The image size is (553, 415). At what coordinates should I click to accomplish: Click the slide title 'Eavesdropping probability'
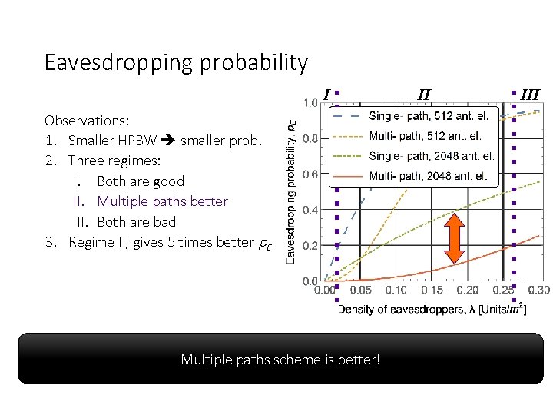[x=176, y=62]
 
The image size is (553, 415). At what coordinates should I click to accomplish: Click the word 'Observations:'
[x=87, y=121]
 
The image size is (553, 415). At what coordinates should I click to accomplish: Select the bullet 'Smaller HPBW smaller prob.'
[x=164, y=141]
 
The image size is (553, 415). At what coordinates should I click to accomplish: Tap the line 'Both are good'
[x=141, y=181]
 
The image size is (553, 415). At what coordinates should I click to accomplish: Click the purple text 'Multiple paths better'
[x=162, y=201]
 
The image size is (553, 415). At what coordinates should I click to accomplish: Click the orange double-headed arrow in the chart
[x=454, y=240]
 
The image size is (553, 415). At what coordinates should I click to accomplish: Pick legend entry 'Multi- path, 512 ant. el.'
[x=426, y=136]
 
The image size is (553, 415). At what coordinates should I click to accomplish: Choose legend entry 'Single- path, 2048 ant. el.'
[x=432, y=156]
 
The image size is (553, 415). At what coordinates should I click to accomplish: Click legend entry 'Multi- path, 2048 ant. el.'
[x=428, y=176]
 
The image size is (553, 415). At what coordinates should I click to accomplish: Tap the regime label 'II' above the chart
[x=424, y=95]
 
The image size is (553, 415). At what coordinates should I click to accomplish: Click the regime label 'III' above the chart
[x=530, y=95]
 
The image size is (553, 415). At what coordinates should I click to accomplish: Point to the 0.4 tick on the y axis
[x=311, y=210]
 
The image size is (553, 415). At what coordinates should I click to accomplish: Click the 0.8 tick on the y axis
[x=311, y=139]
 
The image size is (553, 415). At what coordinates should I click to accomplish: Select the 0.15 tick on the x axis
[x=432, y=290]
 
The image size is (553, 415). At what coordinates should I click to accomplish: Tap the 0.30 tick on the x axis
[x=538, y=290]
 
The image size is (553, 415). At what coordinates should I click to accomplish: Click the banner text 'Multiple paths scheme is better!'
[x=280, y=359]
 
